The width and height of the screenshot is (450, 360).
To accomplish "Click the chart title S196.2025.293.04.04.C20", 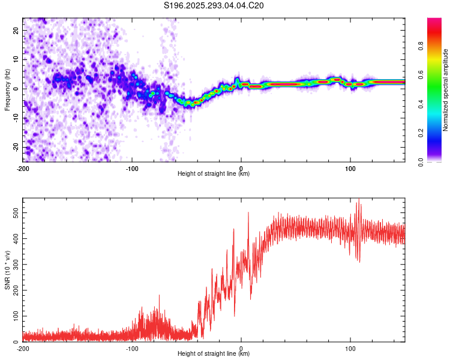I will coord(214,5).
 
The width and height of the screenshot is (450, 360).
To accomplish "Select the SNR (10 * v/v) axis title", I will coord(7,269).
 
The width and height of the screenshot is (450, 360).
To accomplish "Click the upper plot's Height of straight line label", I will coord(214,173).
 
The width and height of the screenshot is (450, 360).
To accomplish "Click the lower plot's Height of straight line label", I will coord(214,353).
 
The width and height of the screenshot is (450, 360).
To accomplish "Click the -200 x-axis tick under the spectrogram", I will coord(23,167).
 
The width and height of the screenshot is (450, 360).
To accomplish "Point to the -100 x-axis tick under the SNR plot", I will coord(131,347).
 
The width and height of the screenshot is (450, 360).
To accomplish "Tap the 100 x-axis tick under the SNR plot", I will coord(350,347).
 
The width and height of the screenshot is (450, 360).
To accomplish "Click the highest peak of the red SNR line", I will coord(359,200).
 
